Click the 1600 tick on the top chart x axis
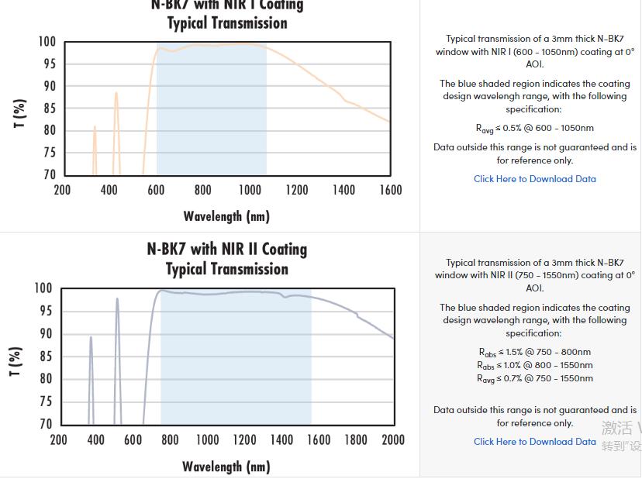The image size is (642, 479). (x=390, y=190)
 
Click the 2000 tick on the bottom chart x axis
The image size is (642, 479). (x=393, y=439)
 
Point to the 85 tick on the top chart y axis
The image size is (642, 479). (x=49, y=109)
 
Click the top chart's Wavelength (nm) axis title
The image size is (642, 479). (x=226, y=215)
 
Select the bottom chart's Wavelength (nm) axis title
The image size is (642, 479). (x=226, y=466)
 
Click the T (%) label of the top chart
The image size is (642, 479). (x=20, y=113)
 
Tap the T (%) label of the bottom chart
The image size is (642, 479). (x=16, y=361)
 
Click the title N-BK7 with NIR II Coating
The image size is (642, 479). (x=226, y=249)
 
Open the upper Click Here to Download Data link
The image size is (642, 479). (x=535, y=178)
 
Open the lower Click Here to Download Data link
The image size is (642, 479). (x=535, y=441)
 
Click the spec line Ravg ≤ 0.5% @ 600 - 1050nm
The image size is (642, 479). (x=535, y=128)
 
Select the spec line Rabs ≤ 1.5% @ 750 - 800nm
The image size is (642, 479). (x=535, y=352)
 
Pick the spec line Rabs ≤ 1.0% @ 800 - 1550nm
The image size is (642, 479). (x=535, y=365)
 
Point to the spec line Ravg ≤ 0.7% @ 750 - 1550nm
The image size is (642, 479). (x=535, y=378)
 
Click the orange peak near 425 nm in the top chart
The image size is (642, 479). (x=116, y=95)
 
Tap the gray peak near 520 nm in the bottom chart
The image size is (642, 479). (x=117, y=300)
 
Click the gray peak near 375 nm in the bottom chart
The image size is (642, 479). (x=91, y=338)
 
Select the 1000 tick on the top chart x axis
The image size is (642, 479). (x=250, y=190)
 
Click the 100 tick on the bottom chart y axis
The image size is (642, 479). (x=43, y=288)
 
